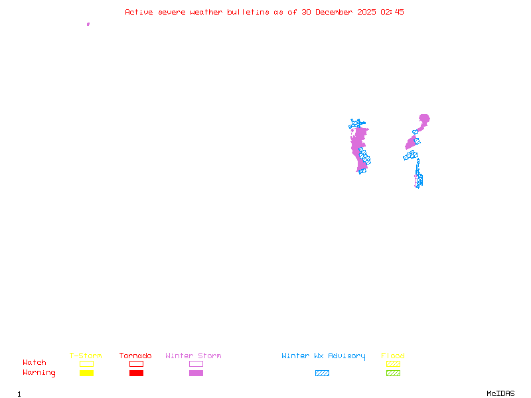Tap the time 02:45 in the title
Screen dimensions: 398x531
[392, 12]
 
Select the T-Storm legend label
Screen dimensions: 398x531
[86, 356]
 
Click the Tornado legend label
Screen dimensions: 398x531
[135, 356]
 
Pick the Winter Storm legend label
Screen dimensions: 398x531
[193, 356]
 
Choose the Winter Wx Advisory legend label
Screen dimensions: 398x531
[323, 356]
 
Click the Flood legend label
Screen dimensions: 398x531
[393, 356]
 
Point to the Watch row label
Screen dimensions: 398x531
[35, 363]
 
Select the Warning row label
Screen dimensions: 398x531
[39, 373]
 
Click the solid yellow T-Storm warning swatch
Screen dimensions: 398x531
[86, 373]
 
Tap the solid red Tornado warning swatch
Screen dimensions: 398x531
[136, 373]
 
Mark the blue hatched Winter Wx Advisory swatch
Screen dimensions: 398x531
[322, 373]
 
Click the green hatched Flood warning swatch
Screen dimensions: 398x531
[393, 373]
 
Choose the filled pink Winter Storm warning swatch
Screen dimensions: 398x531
[196, 373]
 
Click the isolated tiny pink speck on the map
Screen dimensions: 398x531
[88, 24]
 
